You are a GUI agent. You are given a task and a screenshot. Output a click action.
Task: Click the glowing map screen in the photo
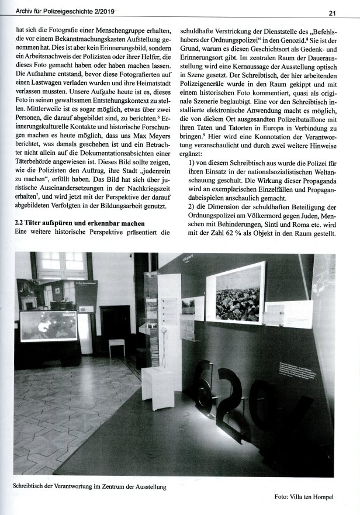(x=49, y=325)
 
